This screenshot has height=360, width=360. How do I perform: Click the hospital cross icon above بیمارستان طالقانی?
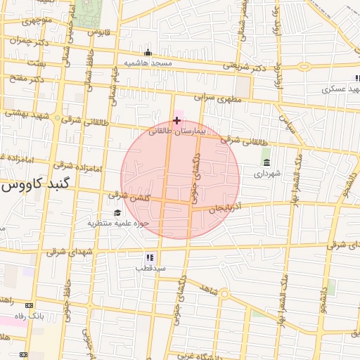tap(176, 120)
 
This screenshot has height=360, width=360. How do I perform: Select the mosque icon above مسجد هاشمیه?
tap(148, 52)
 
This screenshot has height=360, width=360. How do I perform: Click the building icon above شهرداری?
tap(266, 162)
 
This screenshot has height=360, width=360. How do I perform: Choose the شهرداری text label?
tap(267, 172)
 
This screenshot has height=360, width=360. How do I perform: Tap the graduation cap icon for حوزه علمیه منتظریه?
tap(117, 213)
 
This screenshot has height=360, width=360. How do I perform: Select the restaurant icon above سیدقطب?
tap(150, 258)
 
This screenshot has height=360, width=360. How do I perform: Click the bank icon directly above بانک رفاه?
tap(29, 306)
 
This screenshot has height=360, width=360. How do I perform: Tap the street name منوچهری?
tap(38, 20)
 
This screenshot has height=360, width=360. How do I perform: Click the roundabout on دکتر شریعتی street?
tap(304, 67)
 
